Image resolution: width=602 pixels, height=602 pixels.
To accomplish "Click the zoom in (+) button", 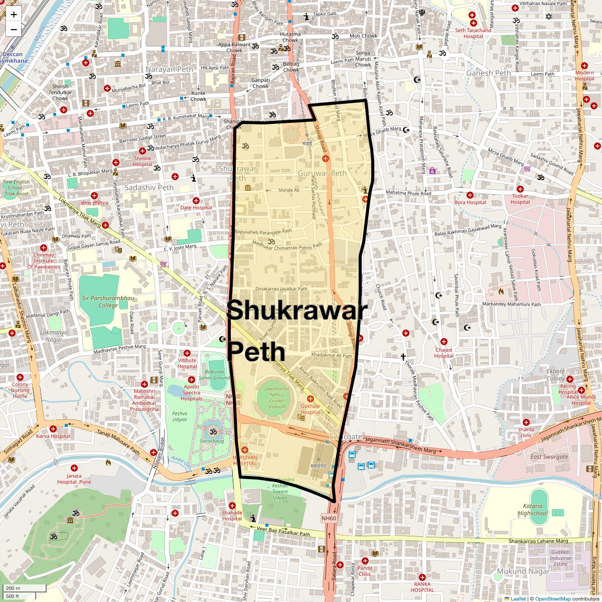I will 14,15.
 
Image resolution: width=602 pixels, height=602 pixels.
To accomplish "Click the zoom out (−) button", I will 14,29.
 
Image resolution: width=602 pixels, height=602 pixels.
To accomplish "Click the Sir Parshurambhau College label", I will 101,302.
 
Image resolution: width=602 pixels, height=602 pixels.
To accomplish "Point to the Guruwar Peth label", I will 322,173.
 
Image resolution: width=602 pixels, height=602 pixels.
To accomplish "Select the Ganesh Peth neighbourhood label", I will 488,73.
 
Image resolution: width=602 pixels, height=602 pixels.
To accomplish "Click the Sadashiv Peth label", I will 149,188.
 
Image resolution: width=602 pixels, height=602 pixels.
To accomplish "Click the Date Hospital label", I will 196,208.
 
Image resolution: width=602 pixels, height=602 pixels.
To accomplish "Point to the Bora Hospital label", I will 470,202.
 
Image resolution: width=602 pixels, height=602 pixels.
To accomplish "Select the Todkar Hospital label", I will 520,199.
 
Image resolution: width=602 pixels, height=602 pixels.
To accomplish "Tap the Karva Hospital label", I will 53,436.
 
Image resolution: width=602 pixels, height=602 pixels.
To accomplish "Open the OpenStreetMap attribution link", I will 552,598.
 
